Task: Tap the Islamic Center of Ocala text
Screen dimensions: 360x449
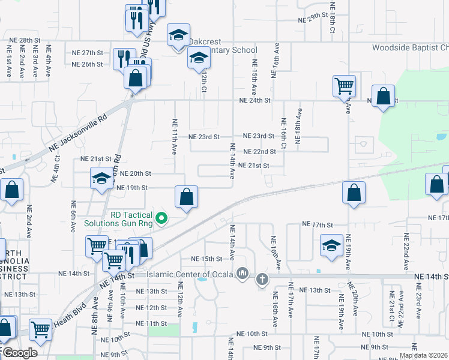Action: (192, 275)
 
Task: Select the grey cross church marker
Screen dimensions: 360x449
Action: (262, 279)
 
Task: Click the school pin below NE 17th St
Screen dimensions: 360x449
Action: (331, 246)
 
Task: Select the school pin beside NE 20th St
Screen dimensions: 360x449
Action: (101, 178)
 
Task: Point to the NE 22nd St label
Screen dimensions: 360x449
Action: (259, 152)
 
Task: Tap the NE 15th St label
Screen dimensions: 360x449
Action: (206, 259)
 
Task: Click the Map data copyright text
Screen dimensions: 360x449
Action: (423, 355)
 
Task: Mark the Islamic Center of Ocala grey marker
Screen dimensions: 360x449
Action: (243, 274)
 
